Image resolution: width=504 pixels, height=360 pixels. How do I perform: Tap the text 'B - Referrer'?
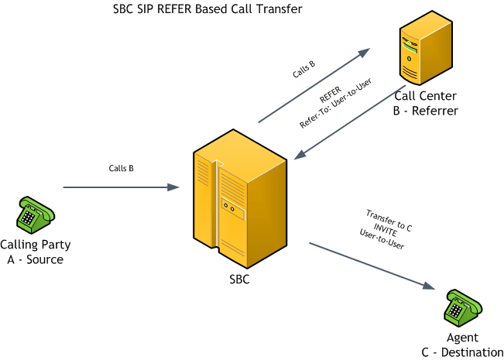point(425,111)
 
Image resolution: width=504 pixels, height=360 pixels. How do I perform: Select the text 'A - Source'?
point(36,259)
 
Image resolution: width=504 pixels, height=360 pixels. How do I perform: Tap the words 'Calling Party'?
point(36,245)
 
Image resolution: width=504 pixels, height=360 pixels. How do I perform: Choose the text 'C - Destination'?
point(462,352)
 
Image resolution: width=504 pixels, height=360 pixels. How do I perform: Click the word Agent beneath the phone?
point(462,338)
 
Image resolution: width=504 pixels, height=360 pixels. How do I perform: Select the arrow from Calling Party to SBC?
point(120,187)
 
